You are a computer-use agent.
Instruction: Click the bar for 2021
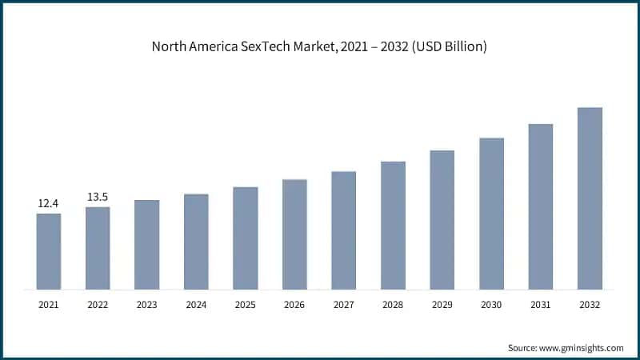click(x=49, y=251)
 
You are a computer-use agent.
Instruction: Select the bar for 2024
click(x=196, y=242)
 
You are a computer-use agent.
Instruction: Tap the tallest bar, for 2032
click(x=590, y=198)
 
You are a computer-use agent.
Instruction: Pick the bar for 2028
click(x=393, y=226)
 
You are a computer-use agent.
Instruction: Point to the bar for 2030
click(x=491, y=214)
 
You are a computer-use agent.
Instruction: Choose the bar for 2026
click(x=294, y=234)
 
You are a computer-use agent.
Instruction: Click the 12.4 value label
click(x=49, y=204)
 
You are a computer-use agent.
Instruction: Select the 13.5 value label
click(x=98, y=197)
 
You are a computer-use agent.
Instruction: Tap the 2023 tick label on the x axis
click(x=146, y=305)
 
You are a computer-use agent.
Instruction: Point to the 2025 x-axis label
click(x=245, y=305)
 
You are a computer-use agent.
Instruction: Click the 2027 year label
click(x=343, y=305)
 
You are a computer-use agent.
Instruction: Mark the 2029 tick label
click(x=442, y=305)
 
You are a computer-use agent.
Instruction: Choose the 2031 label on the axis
click(x=540, y=305)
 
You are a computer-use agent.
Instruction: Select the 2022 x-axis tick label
click(x=98, y=305)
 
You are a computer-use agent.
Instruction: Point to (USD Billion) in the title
click(x=446, y=47)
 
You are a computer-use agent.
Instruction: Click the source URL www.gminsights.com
click(x=583, y=348)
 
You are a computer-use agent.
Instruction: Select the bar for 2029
click(x=442, y=220)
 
